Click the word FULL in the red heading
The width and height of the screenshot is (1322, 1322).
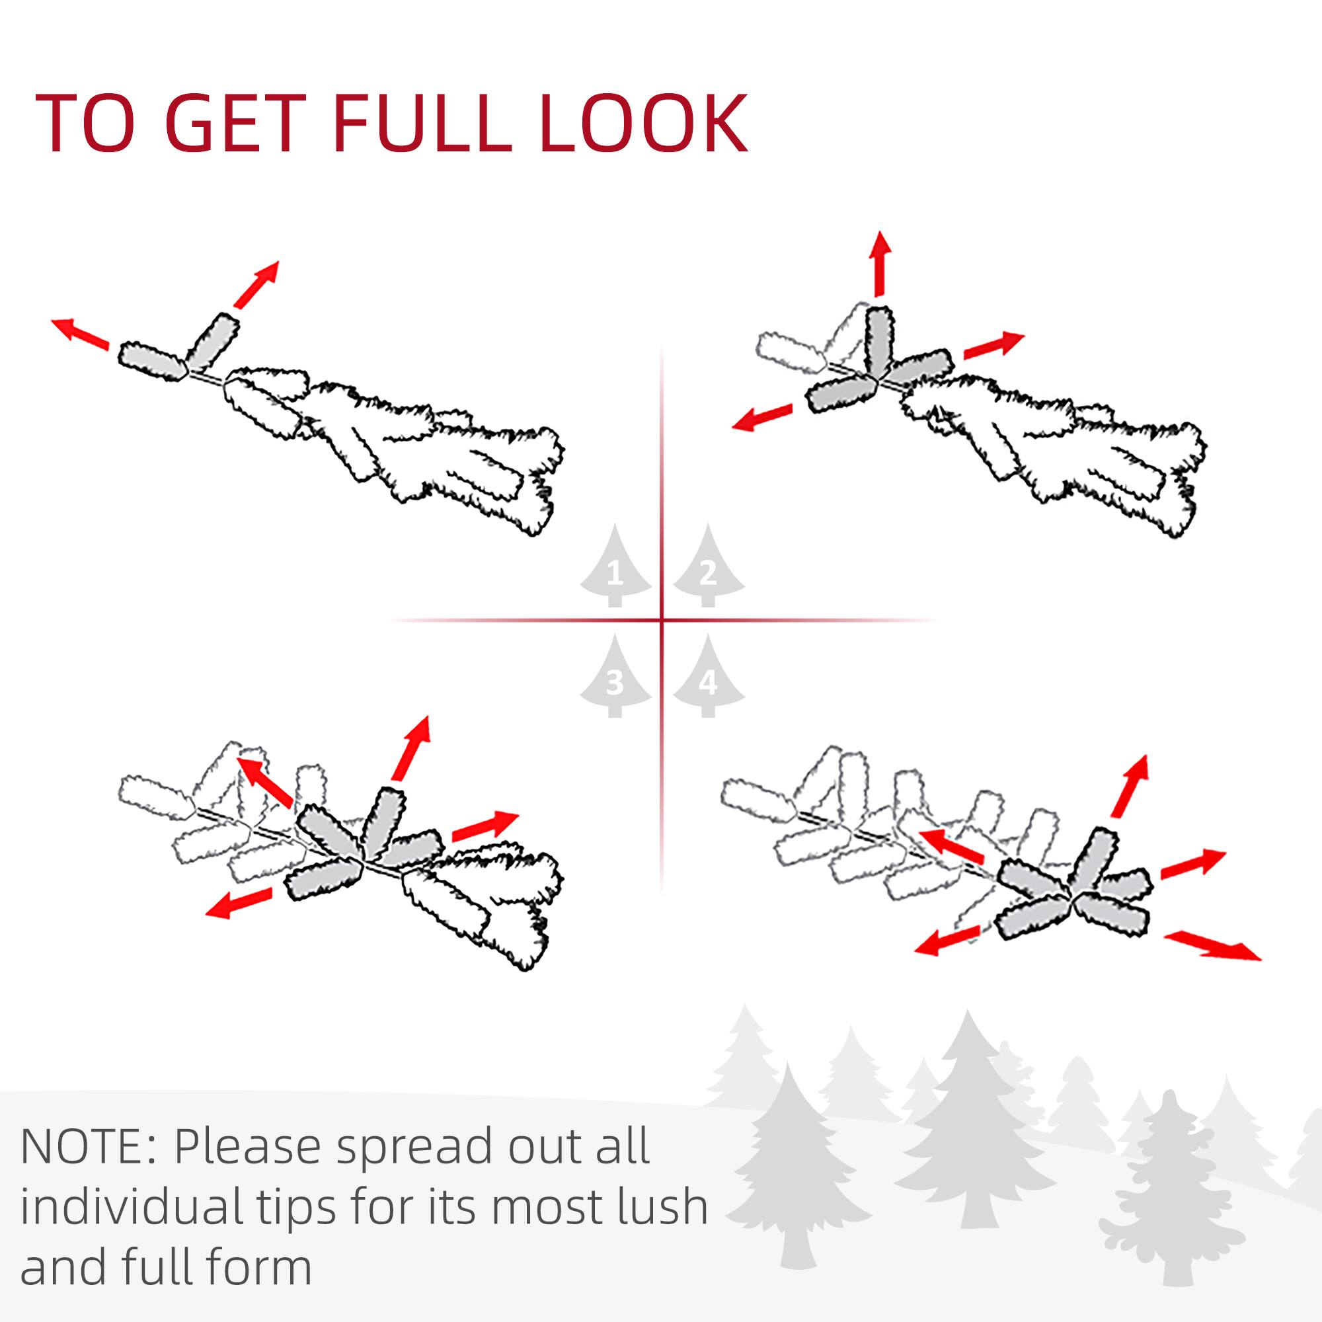[x=422, y=124]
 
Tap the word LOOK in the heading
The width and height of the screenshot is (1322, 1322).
[x=642, y=124]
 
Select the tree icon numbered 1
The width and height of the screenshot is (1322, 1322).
[x=615, y=567]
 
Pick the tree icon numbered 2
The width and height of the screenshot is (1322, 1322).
[x=708, y=567]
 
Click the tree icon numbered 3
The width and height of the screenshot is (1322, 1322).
[x=615, y=678]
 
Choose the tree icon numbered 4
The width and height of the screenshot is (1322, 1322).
[x=708, y=678]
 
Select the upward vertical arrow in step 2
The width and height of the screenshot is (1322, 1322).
[x=880, y=264]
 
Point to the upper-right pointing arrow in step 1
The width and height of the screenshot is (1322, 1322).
[x=256, y=284]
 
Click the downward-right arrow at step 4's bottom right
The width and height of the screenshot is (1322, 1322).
[x=1212, y=946]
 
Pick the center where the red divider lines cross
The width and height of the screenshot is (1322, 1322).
[x=662, y=621]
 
